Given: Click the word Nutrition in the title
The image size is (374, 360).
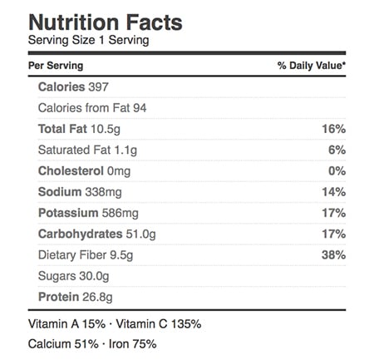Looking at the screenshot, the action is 74,22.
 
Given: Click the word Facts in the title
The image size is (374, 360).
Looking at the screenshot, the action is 155,22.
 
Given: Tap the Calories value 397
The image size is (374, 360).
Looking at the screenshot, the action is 98,87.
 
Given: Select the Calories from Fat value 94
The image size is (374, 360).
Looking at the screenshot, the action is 140,108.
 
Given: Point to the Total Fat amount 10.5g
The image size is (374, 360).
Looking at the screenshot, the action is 106,130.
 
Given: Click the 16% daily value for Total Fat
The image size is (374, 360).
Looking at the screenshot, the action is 333,129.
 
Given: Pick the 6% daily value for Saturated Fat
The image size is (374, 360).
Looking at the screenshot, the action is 337,150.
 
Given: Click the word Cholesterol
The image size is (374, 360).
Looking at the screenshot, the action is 71,171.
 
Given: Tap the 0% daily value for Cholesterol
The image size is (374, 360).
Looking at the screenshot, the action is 337,171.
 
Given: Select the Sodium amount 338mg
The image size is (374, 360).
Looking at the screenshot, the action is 103,192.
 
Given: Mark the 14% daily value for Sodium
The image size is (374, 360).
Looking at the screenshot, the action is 333,192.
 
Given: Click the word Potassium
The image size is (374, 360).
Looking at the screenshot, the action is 68,213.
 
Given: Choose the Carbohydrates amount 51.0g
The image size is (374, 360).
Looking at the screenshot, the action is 141,234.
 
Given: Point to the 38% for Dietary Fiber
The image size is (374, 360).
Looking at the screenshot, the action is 333,255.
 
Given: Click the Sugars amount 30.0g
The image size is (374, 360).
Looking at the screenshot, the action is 94,277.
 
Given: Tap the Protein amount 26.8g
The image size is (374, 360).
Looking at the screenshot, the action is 97,298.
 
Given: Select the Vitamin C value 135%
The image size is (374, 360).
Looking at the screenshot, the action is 186,324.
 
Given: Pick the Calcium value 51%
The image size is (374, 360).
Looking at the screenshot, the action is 86,344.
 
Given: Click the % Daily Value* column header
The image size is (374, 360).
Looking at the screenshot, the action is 312,66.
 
